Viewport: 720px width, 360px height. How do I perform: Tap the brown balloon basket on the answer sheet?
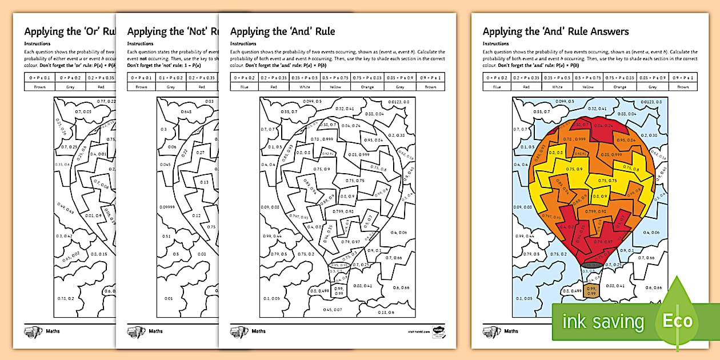(593, 291)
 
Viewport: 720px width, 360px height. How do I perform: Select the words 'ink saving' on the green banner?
(603, 322)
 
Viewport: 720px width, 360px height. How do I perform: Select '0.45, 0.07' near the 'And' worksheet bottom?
(332, 310)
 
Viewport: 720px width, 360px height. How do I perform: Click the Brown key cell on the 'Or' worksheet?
(40, 87)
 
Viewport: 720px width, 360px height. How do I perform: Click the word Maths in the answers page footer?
(511, 331)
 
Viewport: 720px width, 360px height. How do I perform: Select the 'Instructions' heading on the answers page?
(495, 43)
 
